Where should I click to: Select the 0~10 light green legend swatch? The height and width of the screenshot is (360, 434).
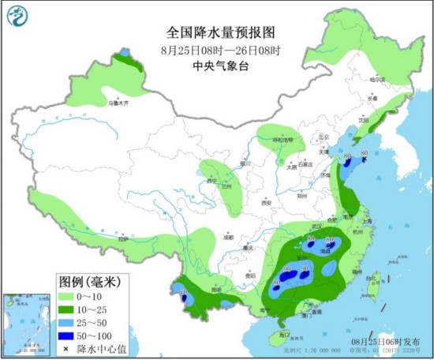click(x=70, y=294)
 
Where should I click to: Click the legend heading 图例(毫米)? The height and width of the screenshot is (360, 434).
click(x=89, y=280)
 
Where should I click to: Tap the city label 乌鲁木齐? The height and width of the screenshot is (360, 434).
click(x=118, y=103)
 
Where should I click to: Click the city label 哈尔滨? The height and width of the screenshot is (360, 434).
click(x=380, y=81)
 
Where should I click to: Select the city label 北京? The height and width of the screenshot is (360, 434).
click(x=321, y=137)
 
